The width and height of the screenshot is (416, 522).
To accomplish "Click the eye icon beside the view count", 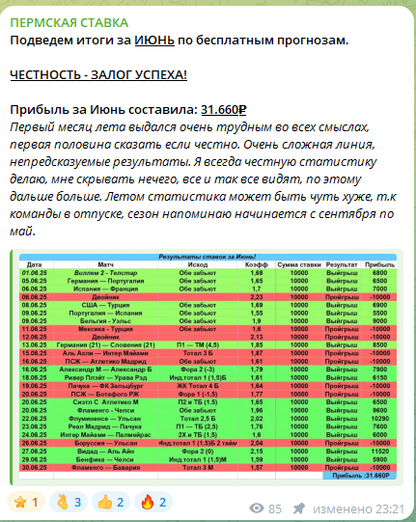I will (257, 508).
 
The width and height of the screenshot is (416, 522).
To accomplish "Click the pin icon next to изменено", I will (300, 508).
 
